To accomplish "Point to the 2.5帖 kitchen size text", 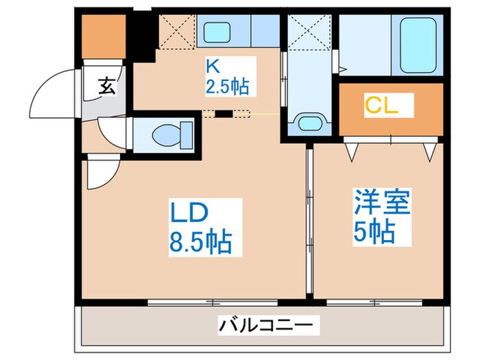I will click(226, 87).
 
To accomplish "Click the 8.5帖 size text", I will click(200, 241).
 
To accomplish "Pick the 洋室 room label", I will click(383, 204).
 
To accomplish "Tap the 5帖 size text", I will click(374, 232).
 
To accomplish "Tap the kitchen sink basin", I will click(218, 31).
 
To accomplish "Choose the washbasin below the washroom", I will click(309, 124).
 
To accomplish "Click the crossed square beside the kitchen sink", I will click(175, 30).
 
